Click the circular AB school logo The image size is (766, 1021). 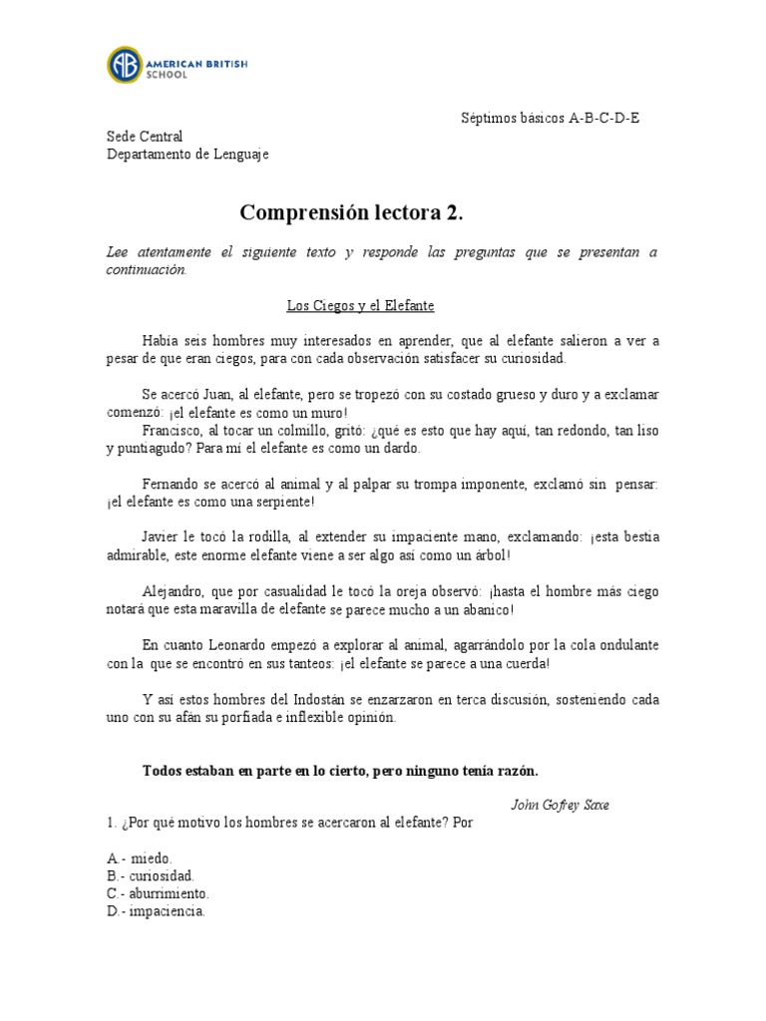click(x=126, y=65)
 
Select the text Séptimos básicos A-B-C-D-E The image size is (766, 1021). click(x=551, y=118)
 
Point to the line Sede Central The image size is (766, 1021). click(x=145, y=137)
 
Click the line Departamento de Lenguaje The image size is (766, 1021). click(x=188, y=155)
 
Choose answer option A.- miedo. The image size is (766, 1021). click(x=140, y=857)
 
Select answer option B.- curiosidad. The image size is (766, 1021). click(x=151, y=875)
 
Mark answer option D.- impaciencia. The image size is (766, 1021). click(x=156, y=911)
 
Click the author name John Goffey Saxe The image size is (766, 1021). click(x=560, y=805)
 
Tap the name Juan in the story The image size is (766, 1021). click(x=221, y=395)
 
